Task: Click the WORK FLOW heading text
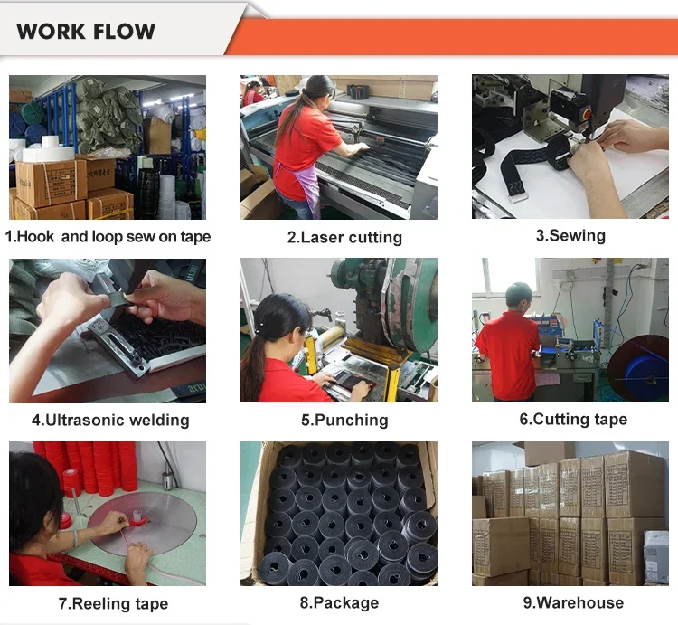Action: tap(86, 31)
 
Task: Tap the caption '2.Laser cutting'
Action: tap(344, 237)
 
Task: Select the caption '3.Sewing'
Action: tap(570, 236)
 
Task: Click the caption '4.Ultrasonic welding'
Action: tap(110, 420)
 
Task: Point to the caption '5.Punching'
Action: tap(344, 420)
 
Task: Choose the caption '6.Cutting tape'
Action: tap(573, 419)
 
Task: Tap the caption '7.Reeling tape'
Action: tap(113, 603)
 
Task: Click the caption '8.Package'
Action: tap(339, 602)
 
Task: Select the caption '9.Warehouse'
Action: tap(573, 602)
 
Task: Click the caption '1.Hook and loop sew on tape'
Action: tap(108, 237)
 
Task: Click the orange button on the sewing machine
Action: tap(587, 114)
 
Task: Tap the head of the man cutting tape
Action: tap(519, 297)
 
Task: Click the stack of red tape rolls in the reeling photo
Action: tap(94, 467)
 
